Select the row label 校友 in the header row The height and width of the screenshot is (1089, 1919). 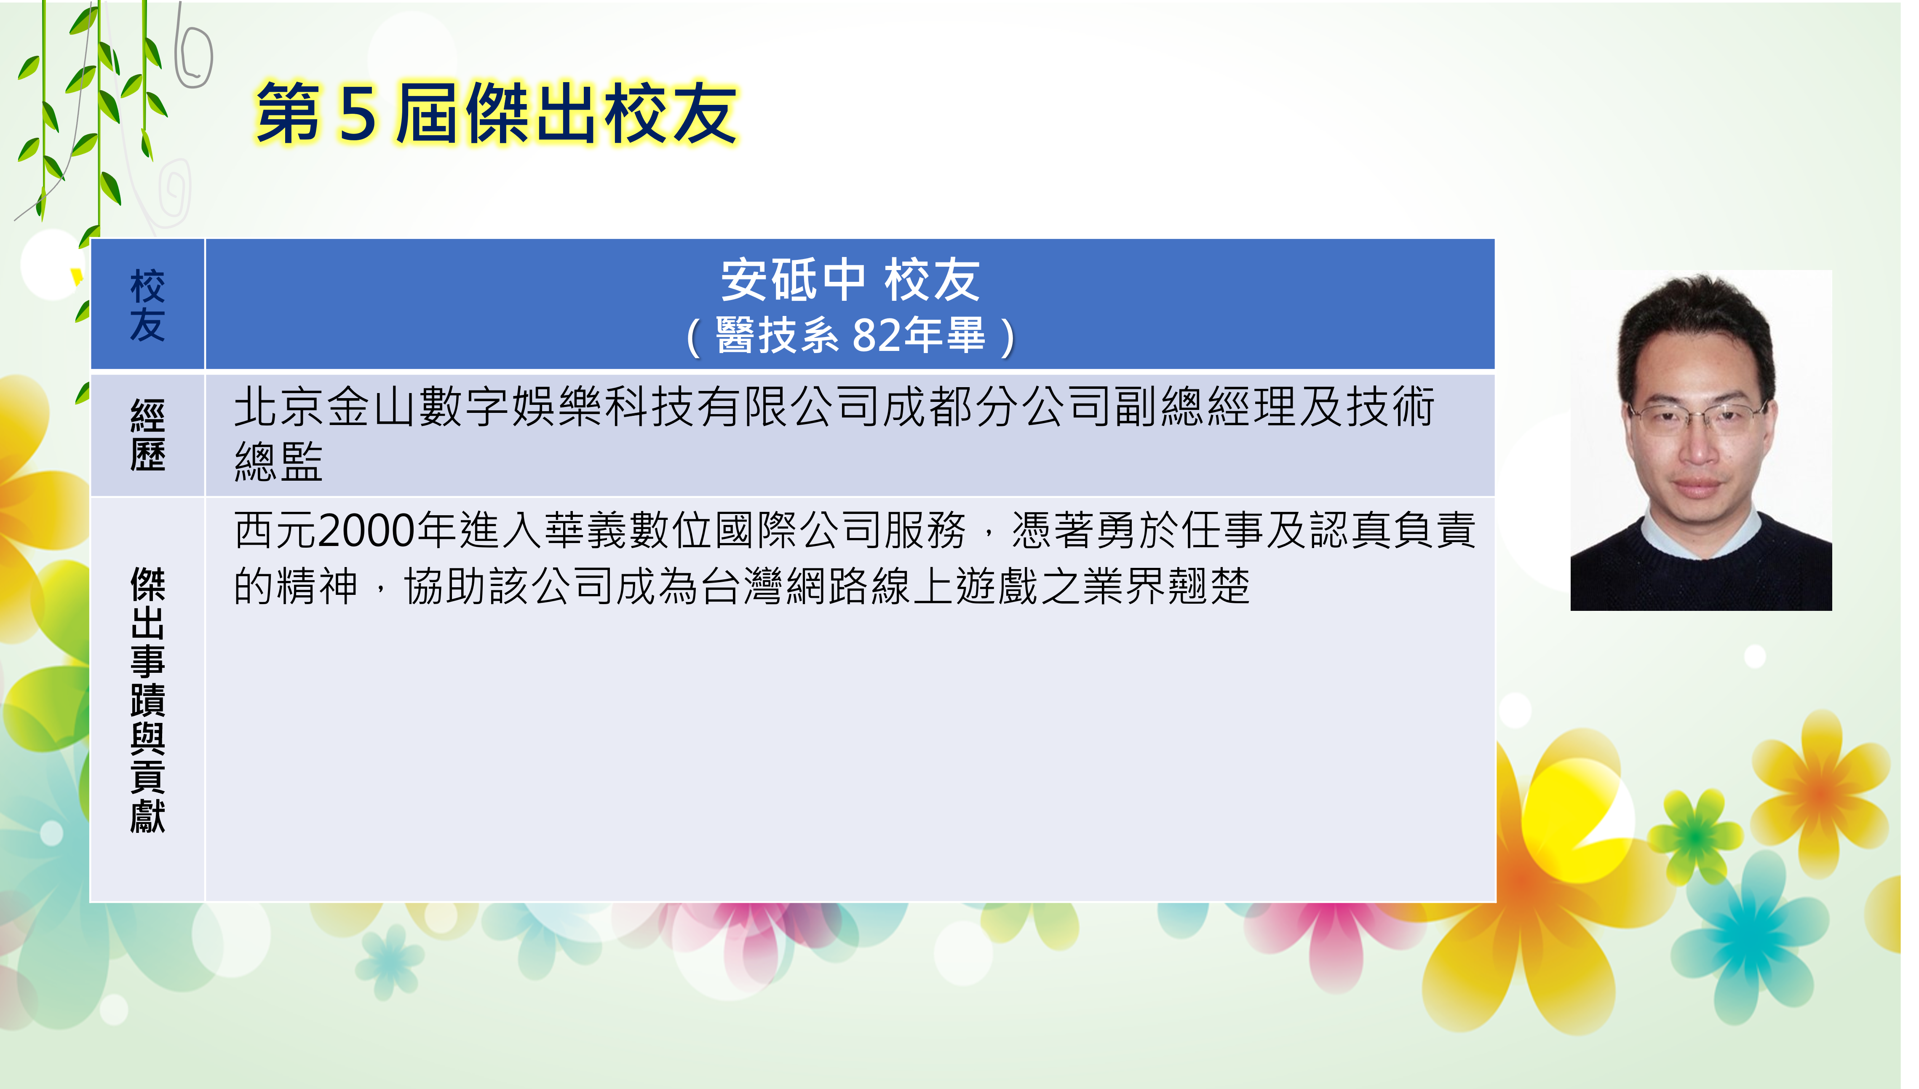(x=147, y=305)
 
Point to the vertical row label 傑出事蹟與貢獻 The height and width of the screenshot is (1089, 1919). (x=147, y=699)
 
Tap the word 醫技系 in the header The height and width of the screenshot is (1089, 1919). (x=778, y=335)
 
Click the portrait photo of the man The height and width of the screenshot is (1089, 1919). (x=1701, y=441)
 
